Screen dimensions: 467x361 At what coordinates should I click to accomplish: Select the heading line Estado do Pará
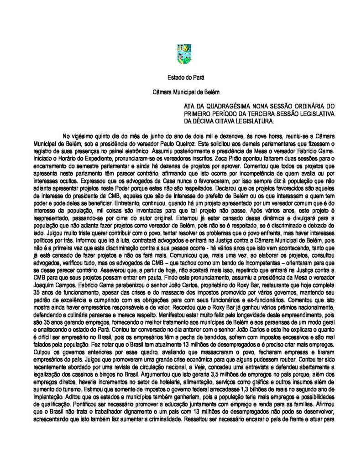[180, 79]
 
